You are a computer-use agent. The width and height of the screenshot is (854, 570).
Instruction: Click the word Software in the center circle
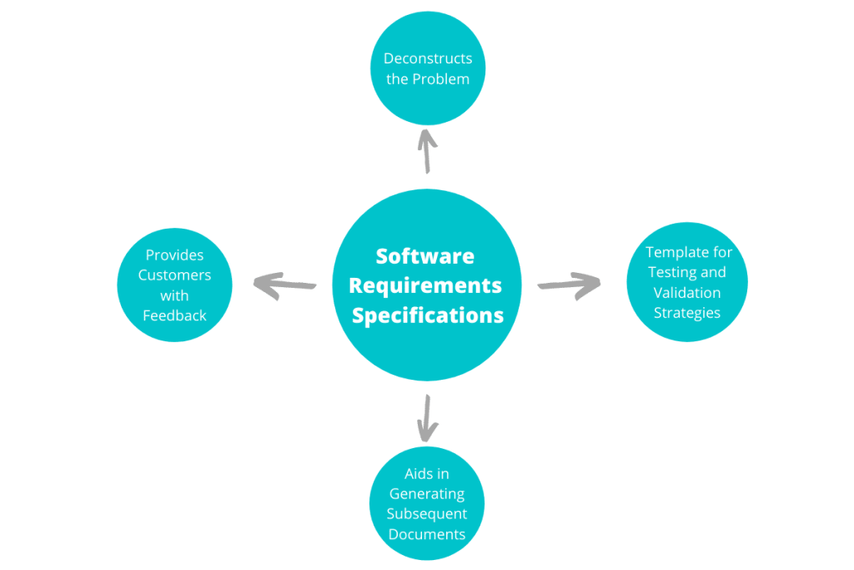point(424,255)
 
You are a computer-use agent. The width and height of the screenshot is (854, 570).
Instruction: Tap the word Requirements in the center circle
point(425,285)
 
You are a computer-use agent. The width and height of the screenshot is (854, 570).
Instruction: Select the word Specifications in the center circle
point(427,315)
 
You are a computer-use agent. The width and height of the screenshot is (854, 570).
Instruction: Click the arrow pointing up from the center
point(427,150)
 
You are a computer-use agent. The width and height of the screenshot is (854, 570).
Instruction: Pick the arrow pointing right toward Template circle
point(569,285)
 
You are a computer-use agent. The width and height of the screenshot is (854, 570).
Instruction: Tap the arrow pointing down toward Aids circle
point(427,418)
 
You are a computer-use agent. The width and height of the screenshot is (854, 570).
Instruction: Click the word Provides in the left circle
point(174,255)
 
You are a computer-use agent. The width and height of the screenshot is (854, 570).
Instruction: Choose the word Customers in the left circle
point(174,275)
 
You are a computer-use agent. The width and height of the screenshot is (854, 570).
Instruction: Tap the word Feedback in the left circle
point(174,315)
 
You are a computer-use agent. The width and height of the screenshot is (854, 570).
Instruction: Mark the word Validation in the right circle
point(687,293)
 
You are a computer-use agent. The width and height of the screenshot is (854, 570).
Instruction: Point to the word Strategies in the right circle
point(687,313)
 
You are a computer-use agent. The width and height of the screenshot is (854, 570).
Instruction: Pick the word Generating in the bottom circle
point(427,494)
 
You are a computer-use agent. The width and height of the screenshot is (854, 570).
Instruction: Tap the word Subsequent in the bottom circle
point(427,514)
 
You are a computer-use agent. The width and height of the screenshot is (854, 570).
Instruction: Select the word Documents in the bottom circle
point(427,534)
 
